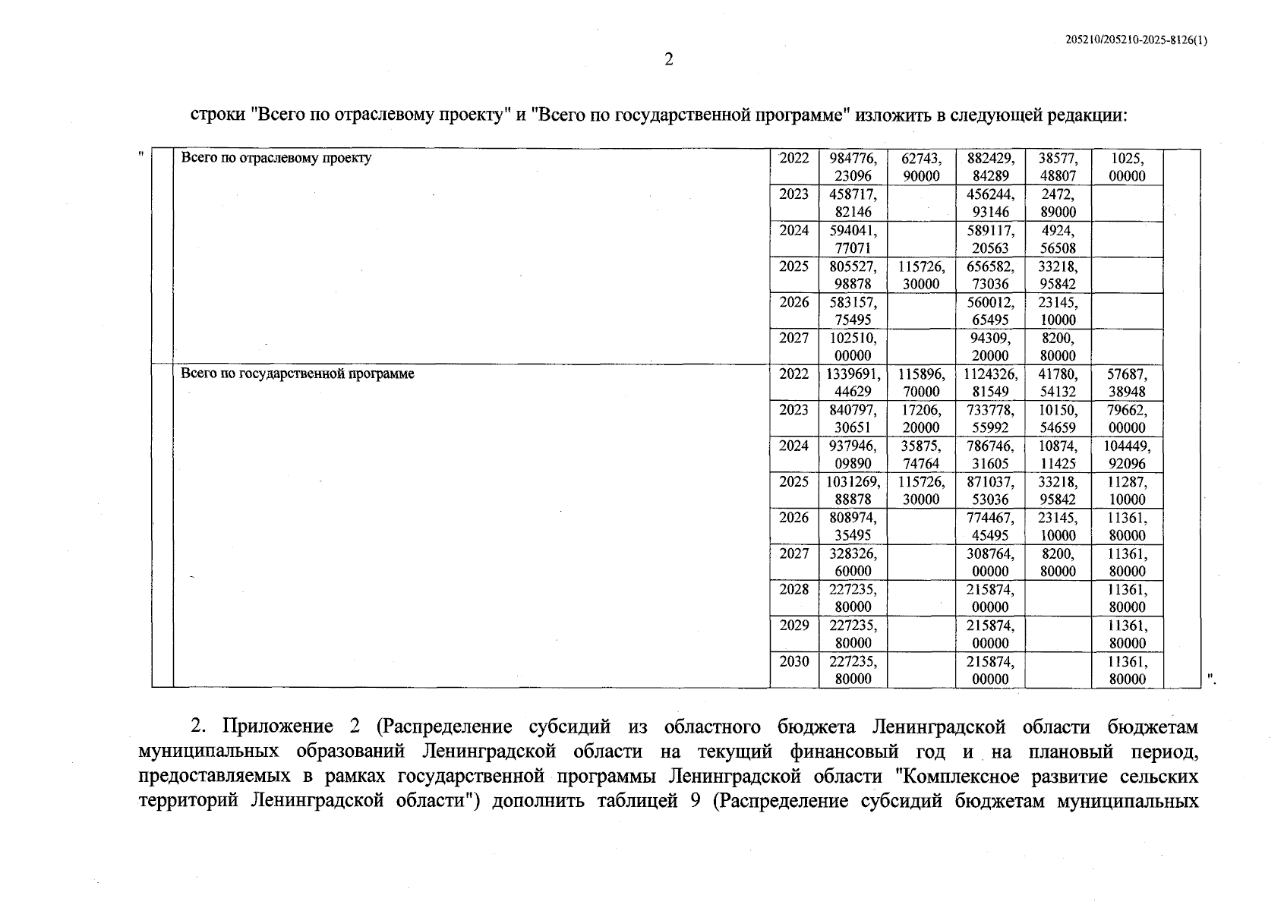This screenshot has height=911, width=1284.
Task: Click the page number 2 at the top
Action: (x=668, y=59)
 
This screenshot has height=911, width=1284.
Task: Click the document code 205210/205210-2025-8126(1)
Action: (x=1136, y=42)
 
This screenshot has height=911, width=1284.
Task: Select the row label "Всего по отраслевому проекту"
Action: (x=276, y=159)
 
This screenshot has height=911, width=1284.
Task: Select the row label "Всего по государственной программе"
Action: (x=297, y=374)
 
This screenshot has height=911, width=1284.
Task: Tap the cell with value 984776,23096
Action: (x=853, y=167)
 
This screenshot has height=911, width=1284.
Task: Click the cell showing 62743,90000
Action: (x=920, y=167)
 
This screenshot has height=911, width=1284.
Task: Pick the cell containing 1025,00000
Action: (x=1127, y=167)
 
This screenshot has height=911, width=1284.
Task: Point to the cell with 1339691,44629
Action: (x=853, y=383)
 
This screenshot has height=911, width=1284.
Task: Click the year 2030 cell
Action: (x=793, y=662)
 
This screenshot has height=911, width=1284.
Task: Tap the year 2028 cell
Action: (x=793, y=590)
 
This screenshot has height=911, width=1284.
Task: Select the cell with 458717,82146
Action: (x=853, y=203)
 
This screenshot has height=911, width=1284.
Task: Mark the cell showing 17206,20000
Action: (x=920, y=418)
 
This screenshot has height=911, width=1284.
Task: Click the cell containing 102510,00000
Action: (x=853, y=346)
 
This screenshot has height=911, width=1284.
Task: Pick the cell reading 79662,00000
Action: (x=1127, y=418)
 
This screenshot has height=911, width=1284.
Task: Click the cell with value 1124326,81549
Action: (x=990, y=383)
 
